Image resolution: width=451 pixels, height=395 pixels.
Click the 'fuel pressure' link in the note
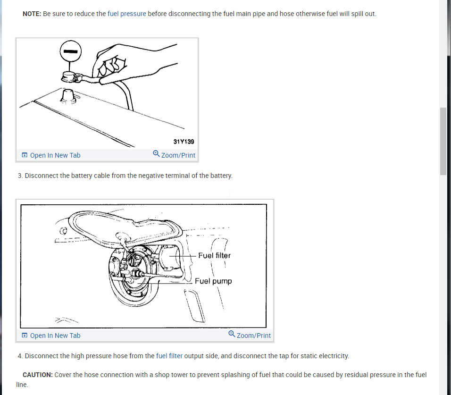pyautogui.click(x=126, y=14)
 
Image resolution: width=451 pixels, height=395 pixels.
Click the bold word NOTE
pyautogui.click(x=32, y=14)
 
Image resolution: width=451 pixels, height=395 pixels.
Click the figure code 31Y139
pyautogui.click(x=184, y=141)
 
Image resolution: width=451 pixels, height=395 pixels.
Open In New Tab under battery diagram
pyautogui.click(x=51, y=155)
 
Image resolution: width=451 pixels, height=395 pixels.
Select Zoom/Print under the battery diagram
pyautogui.click(x=174, y=155)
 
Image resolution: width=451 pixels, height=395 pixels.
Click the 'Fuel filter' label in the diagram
pyautogui.click(x=214, y=255)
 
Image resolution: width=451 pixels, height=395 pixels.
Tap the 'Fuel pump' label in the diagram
pyautogui.click(x=213, y=281)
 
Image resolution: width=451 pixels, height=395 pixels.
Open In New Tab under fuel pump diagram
pyautogui.click(x=51, y=336)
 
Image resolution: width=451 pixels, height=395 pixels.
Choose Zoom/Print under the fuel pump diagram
pyautogui.click(x=250, y=336)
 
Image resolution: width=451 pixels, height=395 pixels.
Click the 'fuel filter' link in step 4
pyautogui.click(x=169, y=356)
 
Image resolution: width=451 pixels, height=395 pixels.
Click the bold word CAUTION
pyautogui.click(x=37, y=375)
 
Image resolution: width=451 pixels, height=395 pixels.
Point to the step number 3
pyautogui.click(x=20, y=176)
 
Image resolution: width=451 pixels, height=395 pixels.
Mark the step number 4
pyautogui.click(x=20, y=356)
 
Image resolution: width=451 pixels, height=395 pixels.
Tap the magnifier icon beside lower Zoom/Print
pyautogui.click(x=232, y=334)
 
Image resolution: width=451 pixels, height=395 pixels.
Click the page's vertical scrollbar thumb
pyautogui.click(x=443, y=141)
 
